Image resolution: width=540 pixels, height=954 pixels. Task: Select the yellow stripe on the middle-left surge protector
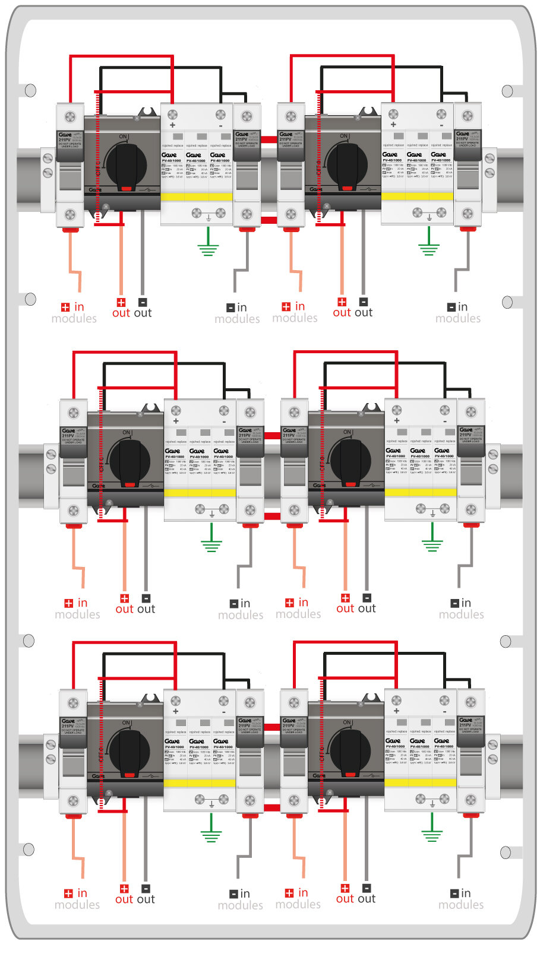point(200,492)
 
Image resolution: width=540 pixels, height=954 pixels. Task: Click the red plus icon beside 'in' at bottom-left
point(68,893)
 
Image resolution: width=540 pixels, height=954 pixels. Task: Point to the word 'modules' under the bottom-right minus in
point(461,905)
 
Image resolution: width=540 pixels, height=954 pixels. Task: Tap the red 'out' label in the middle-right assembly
point(345,608)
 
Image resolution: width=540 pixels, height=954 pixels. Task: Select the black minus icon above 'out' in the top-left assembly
point(143,302)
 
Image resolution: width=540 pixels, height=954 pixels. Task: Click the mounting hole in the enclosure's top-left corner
point(30,91)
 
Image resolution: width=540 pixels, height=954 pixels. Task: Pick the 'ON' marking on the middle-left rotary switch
point(127,432)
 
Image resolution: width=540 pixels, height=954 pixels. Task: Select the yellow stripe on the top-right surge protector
point(417,196)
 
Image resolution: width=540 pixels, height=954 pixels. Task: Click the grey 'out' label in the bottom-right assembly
point(367,899)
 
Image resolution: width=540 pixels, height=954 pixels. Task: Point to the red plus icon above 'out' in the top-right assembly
point(342,302)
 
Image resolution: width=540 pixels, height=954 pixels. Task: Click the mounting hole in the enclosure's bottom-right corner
point(506,852)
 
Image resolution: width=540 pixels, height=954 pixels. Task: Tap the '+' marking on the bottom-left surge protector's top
point(176,711)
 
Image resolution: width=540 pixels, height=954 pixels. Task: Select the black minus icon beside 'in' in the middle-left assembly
point(234,604)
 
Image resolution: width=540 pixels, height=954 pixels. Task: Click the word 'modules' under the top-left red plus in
point(74,319)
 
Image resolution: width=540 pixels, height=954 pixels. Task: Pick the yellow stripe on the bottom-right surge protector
point(420,782)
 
